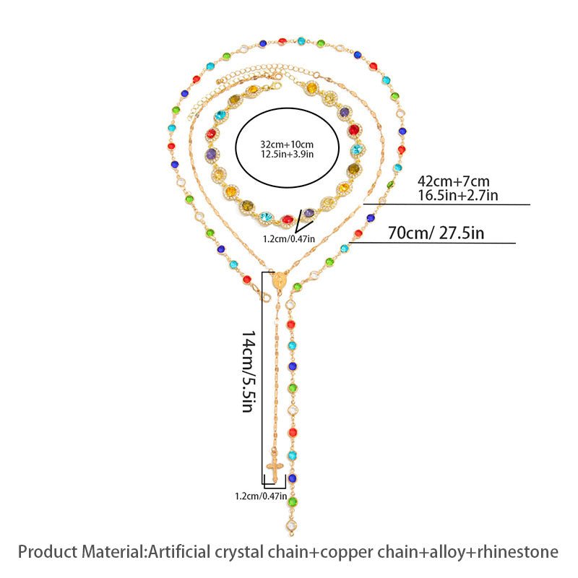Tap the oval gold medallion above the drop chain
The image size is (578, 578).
(x=280, y=281)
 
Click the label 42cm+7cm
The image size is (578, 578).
(x=454, y=181)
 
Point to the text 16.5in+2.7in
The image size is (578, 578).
(x=458, y=195)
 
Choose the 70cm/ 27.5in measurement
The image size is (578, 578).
(x=436, y=233)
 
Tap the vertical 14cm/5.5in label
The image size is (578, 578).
(x=249, y=371)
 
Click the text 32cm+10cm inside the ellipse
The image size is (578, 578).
(x=287, y=144)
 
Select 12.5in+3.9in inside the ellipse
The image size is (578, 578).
(x=287, y=154)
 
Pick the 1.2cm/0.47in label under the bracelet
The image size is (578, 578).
(x=289, y=239)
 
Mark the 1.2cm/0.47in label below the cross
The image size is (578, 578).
(x=261, y=496)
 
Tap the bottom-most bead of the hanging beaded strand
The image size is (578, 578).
(x=292, y=525)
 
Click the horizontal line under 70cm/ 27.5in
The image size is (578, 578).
(x=433, y=243)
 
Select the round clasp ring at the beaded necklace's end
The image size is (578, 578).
(x=264, y=295)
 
